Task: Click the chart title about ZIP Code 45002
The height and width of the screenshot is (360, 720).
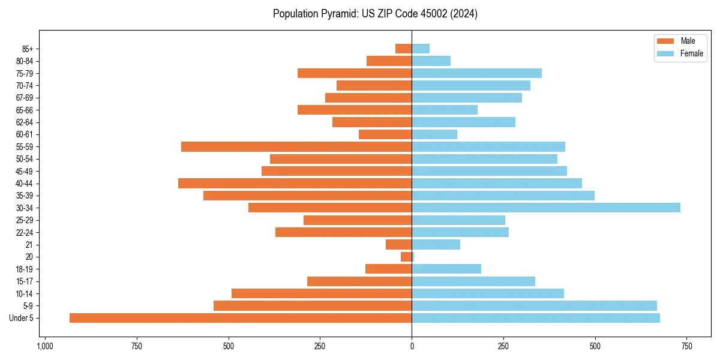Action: (375, 14)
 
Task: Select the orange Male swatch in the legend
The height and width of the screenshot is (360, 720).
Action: (665, 41)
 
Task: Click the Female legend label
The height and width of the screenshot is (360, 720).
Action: (691, 53)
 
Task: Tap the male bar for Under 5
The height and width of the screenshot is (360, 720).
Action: (240, 318)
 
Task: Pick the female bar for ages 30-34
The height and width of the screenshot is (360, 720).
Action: (545, 208)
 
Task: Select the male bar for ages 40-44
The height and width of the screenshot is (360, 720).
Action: (295, 183)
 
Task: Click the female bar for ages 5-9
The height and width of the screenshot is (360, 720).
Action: (534, 305)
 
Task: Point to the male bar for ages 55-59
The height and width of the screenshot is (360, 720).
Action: (296, 146)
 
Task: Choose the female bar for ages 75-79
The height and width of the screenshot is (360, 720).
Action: (476, 73)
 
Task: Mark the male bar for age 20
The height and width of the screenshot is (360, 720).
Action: (406, 257)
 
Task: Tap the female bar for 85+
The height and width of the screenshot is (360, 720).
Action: (421, 49)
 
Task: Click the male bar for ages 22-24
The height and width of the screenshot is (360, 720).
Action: (343, 232)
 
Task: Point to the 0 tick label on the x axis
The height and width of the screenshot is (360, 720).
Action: (412, 346)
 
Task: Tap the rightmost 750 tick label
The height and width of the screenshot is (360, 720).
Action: (687, 346)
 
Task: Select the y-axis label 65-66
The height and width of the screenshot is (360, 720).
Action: (25, 110)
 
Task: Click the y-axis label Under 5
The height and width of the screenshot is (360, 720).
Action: (21, 318)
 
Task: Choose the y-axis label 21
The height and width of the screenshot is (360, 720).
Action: (29, 244)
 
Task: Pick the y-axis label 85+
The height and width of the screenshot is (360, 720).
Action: (26, 49)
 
